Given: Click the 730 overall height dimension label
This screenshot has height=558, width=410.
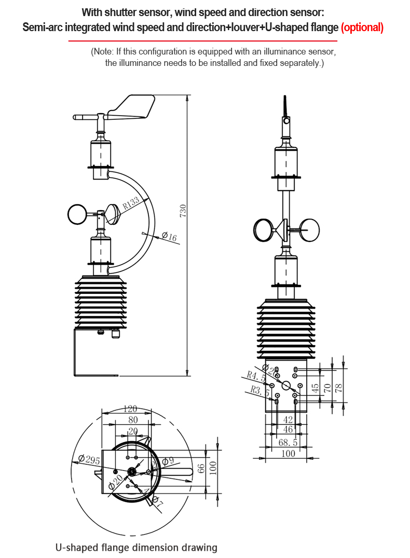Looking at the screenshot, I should [x=183, y=210].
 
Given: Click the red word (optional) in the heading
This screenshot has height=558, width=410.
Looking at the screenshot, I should [x=362, y=28].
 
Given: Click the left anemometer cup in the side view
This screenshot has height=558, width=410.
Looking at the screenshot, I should [x=78, y=214].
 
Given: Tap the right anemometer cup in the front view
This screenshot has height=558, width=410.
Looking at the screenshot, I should [x=310, y=229].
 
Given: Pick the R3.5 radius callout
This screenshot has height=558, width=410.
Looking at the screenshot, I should [x=258, y=390].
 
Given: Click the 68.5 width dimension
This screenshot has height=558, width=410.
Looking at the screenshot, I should [x=288, y=442].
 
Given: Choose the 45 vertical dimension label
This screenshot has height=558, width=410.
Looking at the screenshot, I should [x=315, y=387].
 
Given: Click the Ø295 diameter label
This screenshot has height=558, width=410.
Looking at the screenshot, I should [x=89, y=459].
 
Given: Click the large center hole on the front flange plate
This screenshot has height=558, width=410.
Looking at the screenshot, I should [x=286, y=385].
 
